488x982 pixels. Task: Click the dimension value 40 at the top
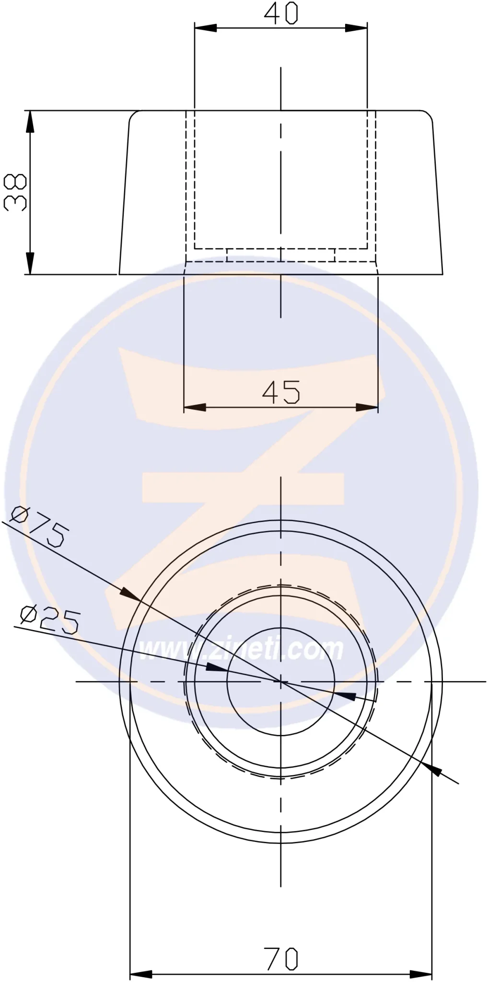281,13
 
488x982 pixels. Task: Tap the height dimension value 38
15,192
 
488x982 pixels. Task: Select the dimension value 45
281,391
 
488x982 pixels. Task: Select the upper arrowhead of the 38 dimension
30,122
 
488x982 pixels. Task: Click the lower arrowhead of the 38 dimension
30,263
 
